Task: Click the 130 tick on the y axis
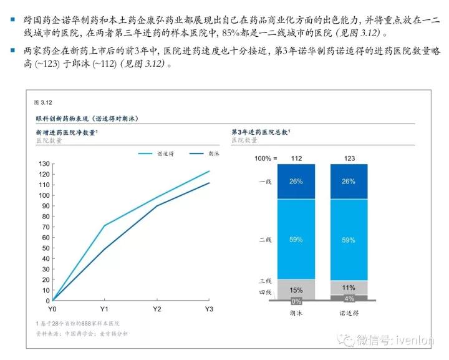(44, 163)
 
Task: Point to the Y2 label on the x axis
(157, 309)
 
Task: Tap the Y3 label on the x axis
(210, 309)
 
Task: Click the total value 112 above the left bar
(297, 158)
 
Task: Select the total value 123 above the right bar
(349, 158)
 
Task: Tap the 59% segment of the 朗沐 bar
(297, 239)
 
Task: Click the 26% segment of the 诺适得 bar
(349, 182)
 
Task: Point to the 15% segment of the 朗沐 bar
(297, 289)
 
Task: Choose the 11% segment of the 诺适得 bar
(349, 288)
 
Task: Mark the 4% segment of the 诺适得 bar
(349, 298)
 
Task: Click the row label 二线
(265, 239)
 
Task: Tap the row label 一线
(265, 182)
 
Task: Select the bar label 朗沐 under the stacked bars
(297, 312)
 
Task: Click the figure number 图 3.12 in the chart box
(42, 102)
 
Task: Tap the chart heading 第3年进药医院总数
(261, 132)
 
